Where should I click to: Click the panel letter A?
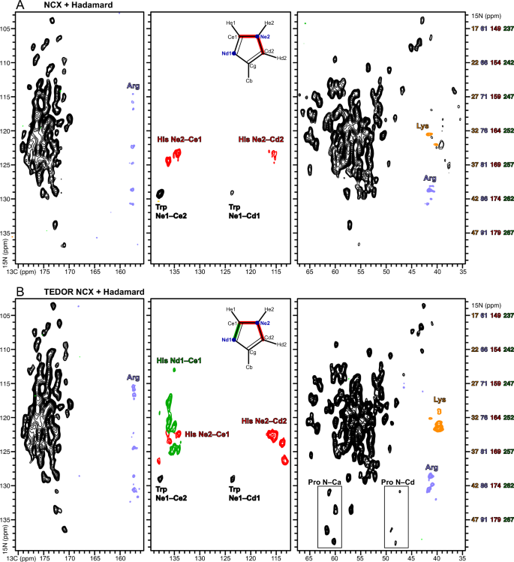(x=6, y=5)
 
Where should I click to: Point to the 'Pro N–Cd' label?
(x=397, y=480)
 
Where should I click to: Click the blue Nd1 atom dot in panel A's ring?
(x=235, y=54)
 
